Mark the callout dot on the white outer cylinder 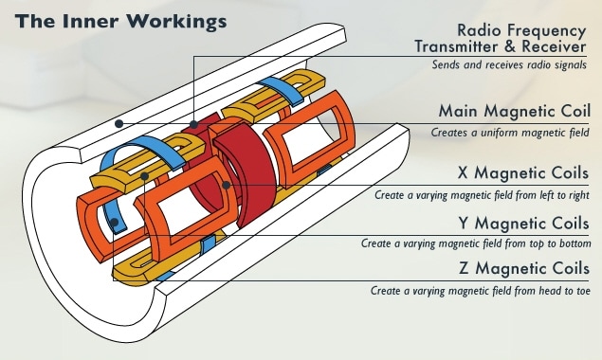coord(118,122)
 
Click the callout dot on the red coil coord(193,123)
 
